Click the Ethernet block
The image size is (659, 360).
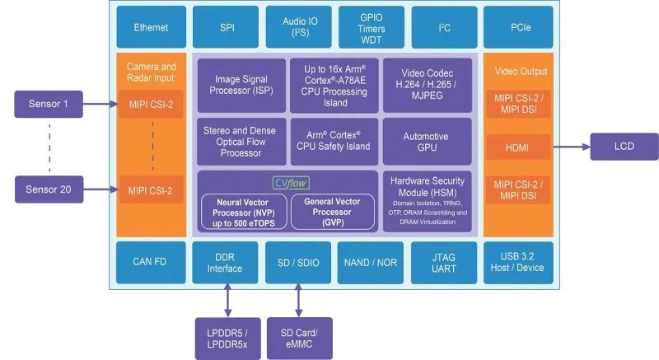pyautogui.click(x=151, y=27)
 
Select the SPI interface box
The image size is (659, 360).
pyautogui.click(x=226, y=27)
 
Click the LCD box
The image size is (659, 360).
pyautogui.click(x=624, y=147)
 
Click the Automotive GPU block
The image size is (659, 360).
pyautogui.click(x=427, y=141)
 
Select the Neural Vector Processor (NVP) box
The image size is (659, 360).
pyautogui.click(x=241, y=211)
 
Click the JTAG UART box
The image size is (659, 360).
pyautogui.click(x=443, y=262)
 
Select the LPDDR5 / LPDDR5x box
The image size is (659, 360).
pyautogui.click(x=225, y=338)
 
